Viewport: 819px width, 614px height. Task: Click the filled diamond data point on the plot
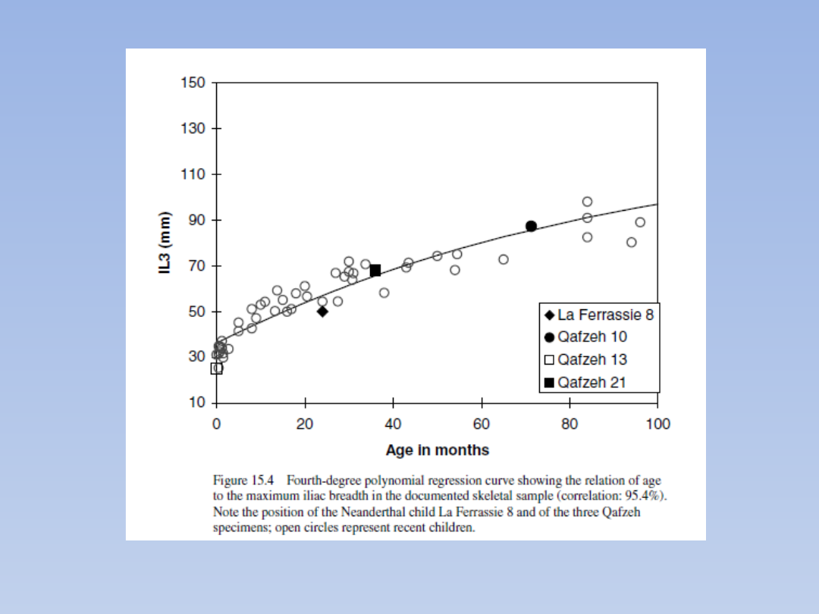[x=322, y=311]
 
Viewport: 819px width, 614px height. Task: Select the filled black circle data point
[x=531, y=226]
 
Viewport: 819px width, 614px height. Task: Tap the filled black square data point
[x=375, y=271]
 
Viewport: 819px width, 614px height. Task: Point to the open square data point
[x=217, y=368]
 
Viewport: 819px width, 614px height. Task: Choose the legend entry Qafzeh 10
[x=592, y=337]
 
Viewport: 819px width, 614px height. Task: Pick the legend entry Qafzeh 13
[x=592, y=359]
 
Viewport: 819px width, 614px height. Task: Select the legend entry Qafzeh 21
[x=592, y=383]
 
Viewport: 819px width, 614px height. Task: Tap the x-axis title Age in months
[x=437, y=450]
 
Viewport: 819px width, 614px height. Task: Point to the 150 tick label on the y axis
[x=192, y=83]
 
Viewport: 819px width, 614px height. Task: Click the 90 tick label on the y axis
[x=196, y=221]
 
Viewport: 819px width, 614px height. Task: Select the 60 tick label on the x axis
[x=481, y=424]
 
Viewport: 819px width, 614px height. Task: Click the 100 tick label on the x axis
[x=657, y=424]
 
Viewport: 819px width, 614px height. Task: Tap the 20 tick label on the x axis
[x=305, y=424]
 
